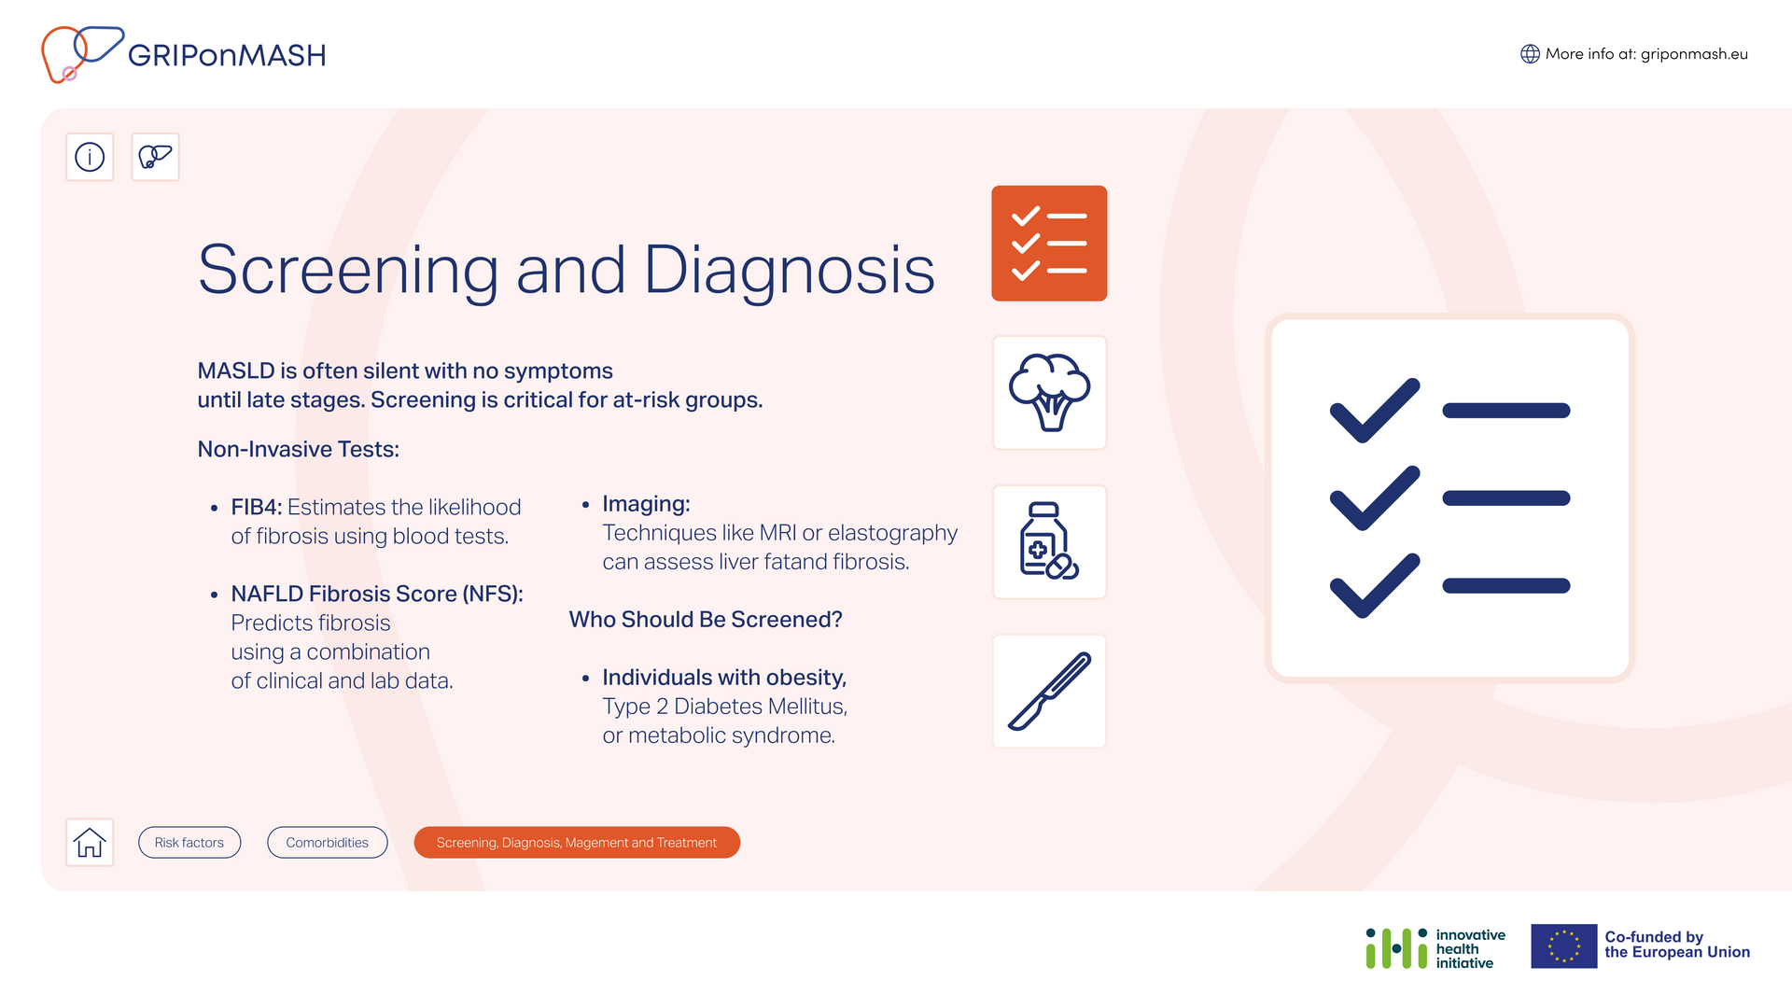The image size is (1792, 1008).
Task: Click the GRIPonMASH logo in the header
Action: (x=184, y=54)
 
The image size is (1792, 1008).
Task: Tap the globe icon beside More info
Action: (x=1530, y=54)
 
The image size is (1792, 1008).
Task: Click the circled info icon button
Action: (x=90, y=157)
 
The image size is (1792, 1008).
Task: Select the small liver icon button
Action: (x=155, y=157)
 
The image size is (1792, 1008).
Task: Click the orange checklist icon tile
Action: (x=1049, y=244)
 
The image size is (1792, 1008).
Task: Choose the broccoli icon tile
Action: (x=1049, y=393)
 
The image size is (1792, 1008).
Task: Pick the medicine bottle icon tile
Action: (x=1049, y=542)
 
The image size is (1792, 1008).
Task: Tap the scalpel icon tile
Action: (x=1049, y=692)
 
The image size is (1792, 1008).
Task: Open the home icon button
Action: (x=90, y=842)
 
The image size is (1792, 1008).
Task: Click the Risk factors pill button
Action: (x=189, y=842)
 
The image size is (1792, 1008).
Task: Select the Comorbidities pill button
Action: (x=328, y=842)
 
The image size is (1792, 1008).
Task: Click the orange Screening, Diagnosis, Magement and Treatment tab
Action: (x=577, y=842)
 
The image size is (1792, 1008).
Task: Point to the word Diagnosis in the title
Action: (x=790, y=271)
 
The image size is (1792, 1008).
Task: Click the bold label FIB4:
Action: (x=257, y=507)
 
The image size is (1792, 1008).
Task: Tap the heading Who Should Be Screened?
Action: (x=706, y=620)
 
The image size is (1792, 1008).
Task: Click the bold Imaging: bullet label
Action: (x=647, y=504)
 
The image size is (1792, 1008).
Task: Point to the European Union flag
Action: (x=1564, y=946)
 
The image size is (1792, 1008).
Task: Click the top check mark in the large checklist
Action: (x=1375, y=411)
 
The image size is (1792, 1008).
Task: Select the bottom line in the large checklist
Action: (x=1506, y=586)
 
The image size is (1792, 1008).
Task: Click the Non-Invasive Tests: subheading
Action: (x=299, y=449)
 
